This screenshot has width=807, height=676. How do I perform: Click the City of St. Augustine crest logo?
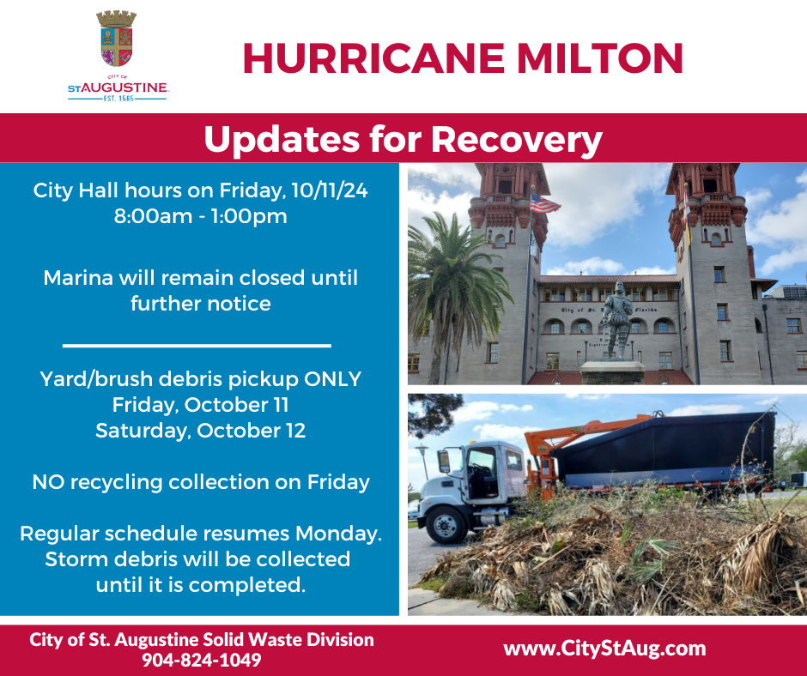tap(116, 40)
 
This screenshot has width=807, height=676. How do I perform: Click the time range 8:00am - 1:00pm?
tap(200, 216)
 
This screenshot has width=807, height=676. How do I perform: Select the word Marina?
tap(78, 278)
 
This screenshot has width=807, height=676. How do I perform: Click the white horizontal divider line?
tap(197, 346)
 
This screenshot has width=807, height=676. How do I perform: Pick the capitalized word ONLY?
tap(330, 378)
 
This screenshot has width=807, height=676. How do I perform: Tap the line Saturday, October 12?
tap(200, 430)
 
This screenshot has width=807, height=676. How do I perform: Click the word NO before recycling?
tap(48, 482)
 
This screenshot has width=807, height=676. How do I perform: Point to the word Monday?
tap(343, 534)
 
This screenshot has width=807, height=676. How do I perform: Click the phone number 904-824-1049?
tap(202, 661)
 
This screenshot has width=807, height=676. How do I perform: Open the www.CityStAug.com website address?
tap(604, 649)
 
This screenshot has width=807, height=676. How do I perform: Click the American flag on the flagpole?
tap(544, 203)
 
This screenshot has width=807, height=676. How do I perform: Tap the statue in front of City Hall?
tap(616, 317)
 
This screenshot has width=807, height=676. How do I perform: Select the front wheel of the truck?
tap(445, 524)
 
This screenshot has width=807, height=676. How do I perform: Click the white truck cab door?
tap(483, 476)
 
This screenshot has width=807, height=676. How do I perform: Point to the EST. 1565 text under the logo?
tap(118, 98)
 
